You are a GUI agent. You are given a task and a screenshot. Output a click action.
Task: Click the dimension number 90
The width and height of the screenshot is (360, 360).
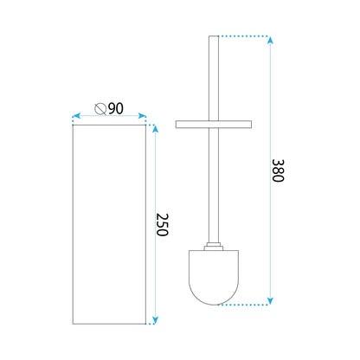[116, 108]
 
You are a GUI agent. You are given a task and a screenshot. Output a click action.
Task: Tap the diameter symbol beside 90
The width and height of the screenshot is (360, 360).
[100, 108]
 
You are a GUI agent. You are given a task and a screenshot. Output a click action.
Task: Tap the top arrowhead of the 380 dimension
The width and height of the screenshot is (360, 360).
[272, 40]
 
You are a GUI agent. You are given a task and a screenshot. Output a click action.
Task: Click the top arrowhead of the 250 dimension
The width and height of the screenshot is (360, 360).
[154, 129]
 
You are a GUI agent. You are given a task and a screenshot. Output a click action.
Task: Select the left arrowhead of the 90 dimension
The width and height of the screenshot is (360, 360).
[74, 115]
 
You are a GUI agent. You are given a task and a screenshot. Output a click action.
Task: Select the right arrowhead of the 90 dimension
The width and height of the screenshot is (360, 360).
[143, 115]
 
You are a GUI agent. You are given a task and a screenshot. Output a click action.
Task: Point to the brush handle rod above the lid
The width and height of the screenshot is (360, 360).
[213, 78]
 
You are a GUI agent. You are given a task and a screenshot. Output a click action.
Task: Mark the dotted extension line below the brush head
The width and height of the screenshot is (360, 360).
[251, 305]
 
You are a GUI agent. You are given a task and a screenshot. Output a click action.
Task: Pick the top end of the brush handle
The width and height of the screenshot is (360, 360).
[213, 37]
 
